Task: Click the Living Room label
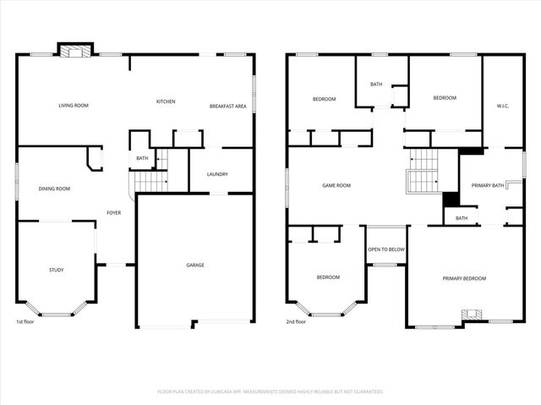tap(74, 106)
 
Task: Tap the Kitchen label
tap(166, 102)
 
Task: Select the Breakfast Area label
tap(228, 107)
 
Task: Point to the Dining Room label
tap(54, 189)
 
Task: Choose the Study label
tap(56, 270)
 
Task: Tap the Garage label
tap(195, 265)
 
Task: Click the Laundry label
tap(217, 175)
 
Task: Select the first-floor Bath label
tap(142, 158)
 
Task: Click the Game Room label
tap(336, 185)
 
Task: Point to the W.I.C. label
tap(502, 106)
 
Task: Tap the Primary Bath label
tap(488, 185)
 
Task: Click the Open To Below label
tap(385, 249)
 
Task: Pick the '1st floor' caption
tap(25, 322)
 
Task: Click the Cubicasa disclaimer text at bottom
tap(270, 391)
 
